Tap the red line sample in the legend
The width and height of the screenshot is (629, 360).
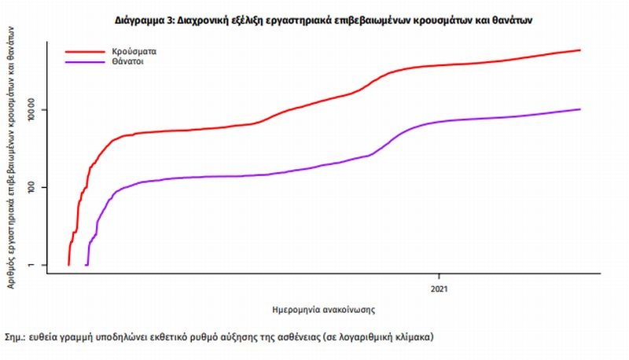pos(83,50)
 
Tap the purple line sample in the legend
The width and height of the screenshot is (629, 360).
pos(83,61)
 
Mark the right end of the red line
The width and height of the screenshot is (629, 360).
pos(580,50)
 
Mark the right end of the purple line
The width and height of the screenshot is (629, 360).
pos(580,109)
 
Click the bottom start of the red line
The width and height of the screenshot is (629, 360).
pos(69,265)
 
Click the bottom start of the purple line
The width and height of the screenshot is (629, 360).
pos(86,265)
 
